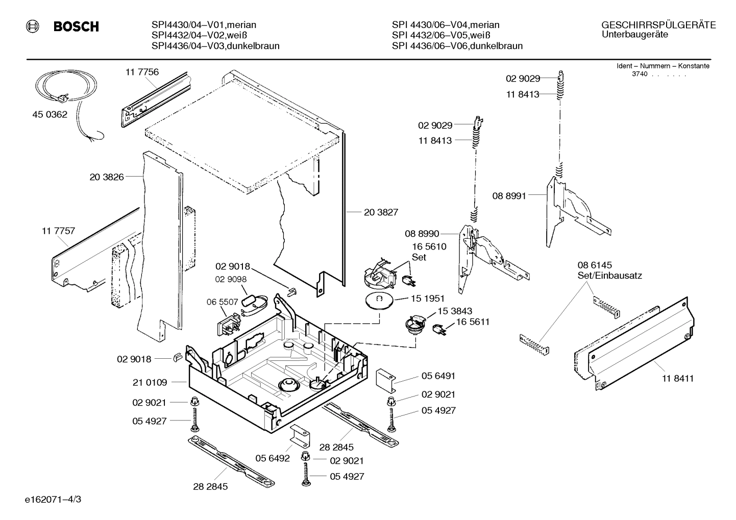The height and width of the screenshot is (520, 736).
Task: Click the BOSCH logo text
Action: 76,27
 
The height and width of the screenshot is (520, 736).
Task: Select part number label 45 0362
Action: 50,115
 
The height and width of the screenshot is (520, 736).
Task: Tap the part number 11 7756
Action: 142,72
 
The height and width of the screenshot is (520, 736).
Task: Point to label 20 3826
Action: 107,177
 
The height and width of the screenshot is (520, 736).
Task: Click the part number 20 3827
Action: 381,212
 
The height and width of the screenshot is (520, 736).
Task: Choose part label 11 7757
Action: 58,231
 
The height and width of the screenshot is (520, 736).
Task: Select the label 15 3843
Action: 454,311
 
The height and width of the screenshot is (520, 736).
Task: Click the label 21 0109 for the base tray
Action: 150,382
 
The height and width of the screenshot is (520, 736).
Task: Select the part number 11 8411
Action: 678,378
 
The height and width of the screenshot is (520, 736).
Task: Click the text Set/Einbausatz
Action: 609,276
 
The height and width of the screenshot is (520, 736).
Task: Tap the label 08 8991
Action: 509,195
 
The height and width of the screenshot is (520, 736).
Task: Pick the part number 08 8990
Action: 422,234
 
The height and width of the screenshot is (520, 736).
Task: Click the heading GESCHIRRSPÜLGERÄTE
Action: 658,25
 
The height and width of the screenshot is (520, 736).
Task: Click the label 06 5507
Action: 222,302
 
